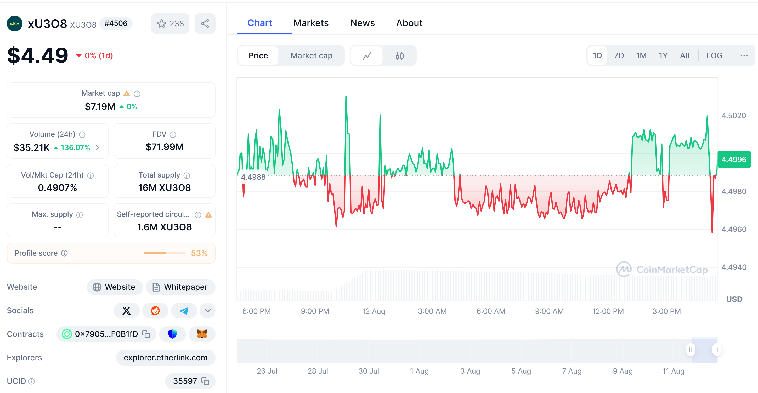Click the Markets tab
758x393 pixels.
[x=311, y=23]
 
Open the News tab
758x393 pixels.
[x=362, y=23]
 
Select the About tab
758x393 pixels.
[x=409, y=23]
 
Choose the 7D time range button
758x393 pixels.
[x=619, y=56]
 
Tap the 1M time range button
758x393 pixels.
[x=641, y=56]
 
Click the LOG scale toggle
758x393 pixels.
[x=714, y=56]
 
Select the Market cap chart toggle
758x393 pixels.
[x=311, y=56]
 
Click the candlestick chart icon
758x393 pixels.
[x=399, y=56]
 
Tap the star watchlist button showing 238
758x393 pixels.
[x=170, y=24]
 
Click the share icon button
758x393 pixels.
[x=205, y=24]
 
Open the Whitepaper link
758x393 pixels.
[x=180, y=287]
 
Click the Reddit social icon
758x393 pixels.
[x=155, y=311]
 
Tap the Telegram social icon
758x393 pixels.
[x=184, y=311]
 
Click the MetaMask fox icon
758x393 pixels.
[x=202, y=334]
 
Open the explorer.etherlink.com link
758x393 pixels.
[x=165, y=357]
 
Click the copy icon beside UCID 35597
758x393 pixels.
[x=205, y=381]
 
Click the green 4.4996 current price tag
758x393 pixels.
[x=734, y=160]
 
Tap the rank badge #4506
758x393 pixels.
[x=116, y=24]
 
